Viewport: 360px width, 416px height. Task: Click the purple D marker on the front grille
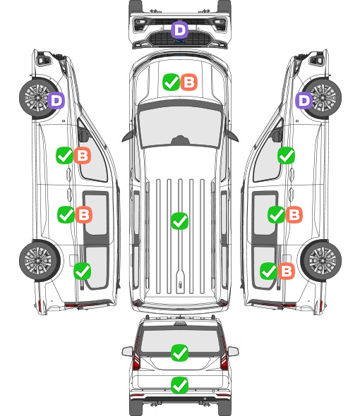pyautogui.click(x=179, y=30)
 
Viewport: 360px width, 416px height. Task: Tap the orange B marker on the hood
pyautogui.click(x=189, y=82)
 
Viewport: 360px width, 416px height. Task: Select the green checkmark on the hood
pyautogui.click(x=171, y=82)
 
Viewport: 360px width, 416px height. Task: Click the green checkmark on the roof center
pyautogui.click(x=179, y=221)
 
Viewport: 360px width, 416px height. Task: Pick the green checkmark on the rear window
pyautogui.click(x=179, y=353)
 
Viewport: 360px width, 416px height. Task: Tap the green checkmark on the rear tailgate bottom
pyautogui.click(x=179, y=385)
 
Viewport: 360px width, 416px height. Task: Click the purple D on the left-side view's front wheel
pyautogui.click(x=56, y=100)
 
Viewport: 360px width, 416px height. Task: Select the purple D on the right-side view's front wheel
pyautogui.click(x=304, y=100)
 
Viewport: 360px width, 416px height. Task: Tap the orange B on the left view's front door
pyautogui.click(x=83, y=155)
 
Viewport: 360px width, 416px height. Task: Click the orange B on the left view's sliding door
pyautogui.click(x=84, y=214)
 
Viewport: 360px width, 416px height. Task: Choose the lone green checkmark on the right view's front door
pyautogui.click(x=286, y=155)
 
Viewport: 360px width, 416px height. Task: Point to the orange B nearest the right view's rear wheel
pyautogui.click(x=286, y=271)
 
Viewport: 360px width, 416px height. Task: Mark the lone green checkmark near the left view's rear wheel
pyautogui.click(x=82, y=271)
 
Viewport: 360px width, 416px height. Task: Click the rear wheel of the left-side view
pyautogui.click(x=39, y=261)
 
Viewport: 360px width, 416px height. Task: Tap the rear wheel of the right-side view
pyautogui.click(x=321, y=261)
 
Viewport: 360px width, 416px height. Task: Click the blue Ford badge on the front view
pyautogui.click(x=179, y=41)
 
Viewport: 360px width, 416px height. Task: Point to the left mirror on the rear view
pyautogui.click(x=127, y=352)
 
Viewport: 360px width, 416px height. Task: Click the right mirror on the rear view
pyautogui.click(x=233, y=352)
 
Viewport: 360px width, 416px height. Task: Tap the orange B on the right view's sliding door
pyautogui.click(x=294, y=214)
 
